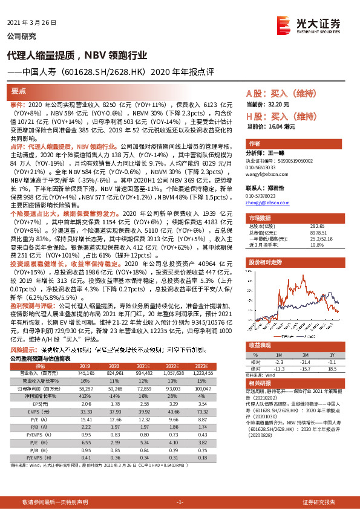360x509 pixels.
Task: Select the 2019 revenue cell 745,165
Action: pyautogui.click(x=85, y=373)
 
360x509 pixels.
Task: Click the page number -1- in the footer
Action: pyautogui.click(x=180, y=502)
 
